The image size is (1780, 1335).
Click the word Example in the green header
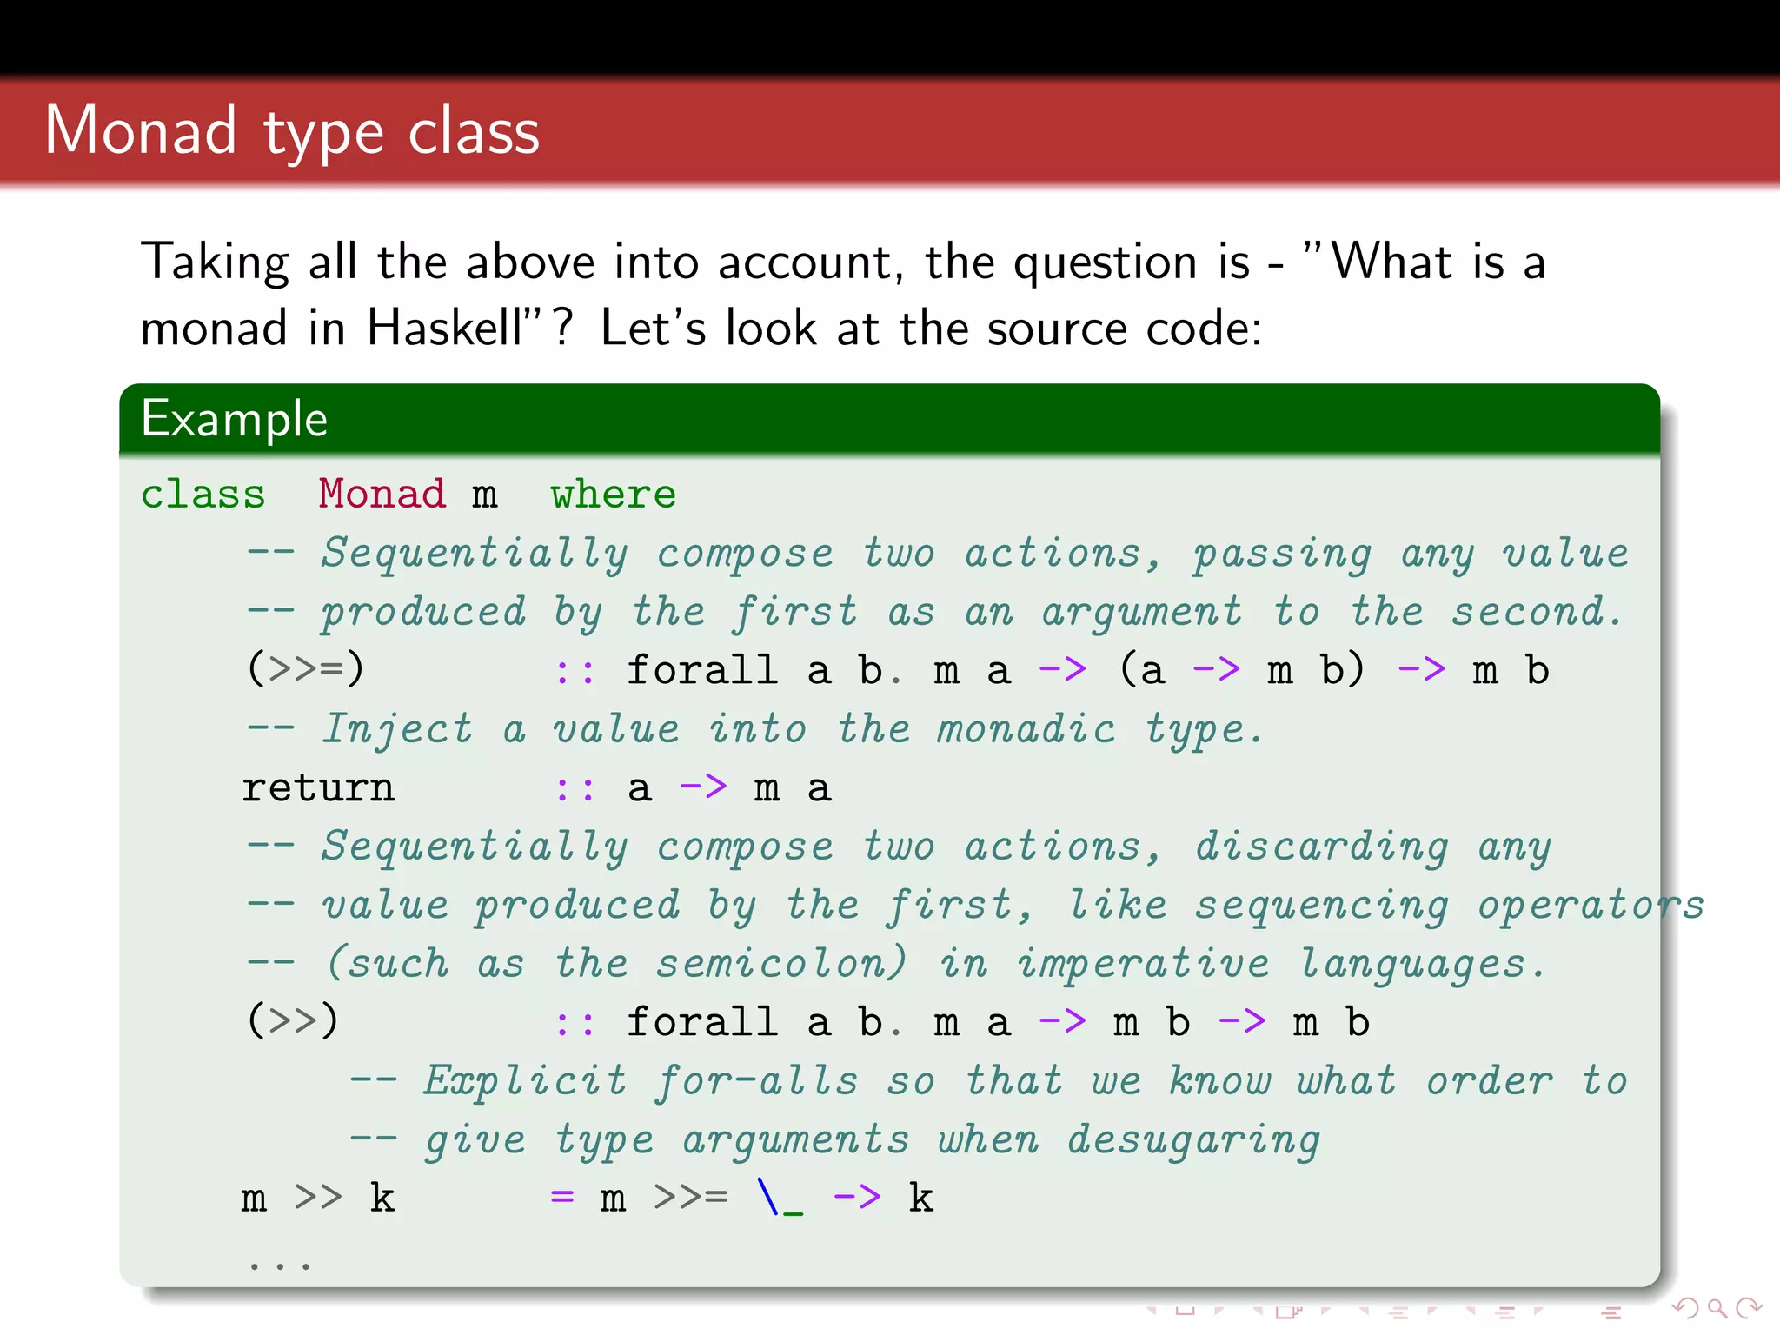pos(235,419)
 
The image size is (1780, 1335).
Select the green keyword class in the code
pos(203,495)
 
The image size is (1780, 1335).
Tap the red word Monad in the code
pos(382,495)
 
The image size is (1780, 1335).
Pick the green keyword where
pos(613,495)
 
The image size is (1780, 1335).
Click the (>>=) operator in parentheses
pos(305,670)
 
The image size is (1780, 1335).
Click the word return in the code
pos(318,788)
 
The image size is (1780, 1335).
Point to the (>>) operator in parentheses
pos(293,1021)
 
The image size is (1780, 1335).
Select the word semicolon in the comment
pos(780,964)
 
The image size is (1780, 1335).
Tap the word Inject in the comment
pos(398,729)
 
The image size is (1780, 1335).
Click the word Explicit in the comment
pos(525,1081)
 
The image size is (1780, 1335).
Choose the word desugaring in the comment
pos(1193,1140)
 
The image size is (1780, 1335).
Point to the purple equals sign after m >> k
pos(562,1198)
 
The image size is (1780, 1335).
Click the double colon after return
pos(575,788)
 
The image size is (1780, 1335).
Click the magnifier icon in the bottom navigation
pos(1717,1309)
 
